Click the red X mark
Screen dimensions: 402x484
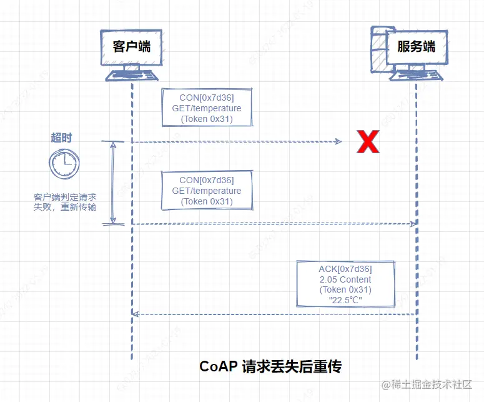(368, 143)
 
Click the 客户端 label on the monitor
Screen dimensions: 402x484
(131, 46)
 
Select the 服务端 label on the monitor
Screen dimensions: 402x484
(416, 48)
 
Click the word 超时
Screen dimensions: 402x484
(61, 138)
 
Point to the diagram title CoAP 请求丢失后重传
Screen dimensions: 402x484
(270, 366)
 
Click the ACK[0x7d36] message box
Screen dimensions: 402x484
(345, 284)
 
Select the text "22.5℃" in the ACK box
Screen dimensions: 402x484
(345, 300)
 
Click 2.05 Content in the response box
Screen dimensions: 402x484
(345, 279)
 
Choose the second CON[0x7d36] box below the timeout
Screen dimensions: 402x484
(206, 191)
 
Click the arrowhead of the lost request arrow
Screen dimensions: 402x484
(338, 142)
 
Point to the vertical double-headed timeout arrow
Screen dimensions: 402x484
(113, 182)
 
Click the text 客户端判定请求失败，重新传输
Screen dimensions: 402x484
(66, 202)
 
